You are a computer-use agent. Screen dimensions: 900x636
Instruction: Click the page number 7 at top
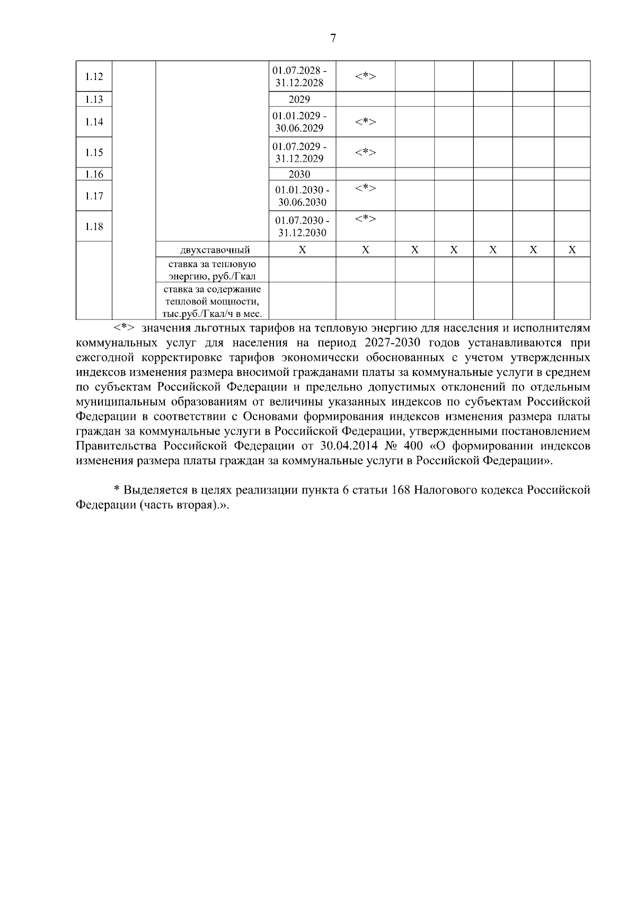pyautogui.click(x=333, y=39)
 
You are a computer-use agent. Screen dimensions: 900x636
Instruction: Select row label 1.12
pyautogui.click(x=94, y=76)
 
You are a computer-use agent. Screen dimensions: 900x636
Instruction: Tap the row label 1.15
pyautogui.click(x=94, y=153)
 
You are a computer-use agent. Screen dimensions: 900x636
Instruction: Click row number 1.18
pyautogui.click(x=94, y=226)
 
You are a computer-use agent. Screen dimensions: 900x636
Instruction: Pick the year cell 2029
pyautogui.click(x=299, y=99)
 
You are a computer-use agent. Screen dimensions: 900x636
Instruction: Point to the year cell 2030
pyautogui.click(x=299, y=174)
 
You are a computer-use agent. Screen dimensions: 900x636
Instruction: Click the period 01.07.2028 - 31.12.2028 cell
pyautogui.click(x=299, y=76)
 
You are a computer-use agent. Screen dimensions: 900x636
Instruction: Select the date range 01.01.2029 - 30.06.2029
pyautogui.click(x=299, y=122)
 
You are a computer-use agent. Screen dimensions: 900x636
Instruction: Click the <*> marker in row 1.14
pyautogui.click(x=365, y=122)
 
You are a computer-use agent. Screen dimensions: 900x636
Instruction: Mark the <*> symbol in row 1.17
pyautogui.click(x=365, y=188)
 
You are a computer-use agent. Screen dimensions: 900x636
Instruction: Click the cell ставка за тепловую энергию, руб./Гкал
pyautogui.click(x=212, y=270)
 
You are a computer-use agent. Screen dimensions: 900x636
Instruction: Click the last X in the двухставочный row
pyautogui.click(x=572, y=250)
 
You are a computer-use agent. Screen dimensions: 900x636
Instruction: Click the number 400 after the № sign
pyautogui.click(x=412, y=446)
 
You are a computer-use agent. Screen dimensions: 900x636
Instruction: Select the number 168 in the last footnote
pyautogui.click(x=402, y=490)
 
